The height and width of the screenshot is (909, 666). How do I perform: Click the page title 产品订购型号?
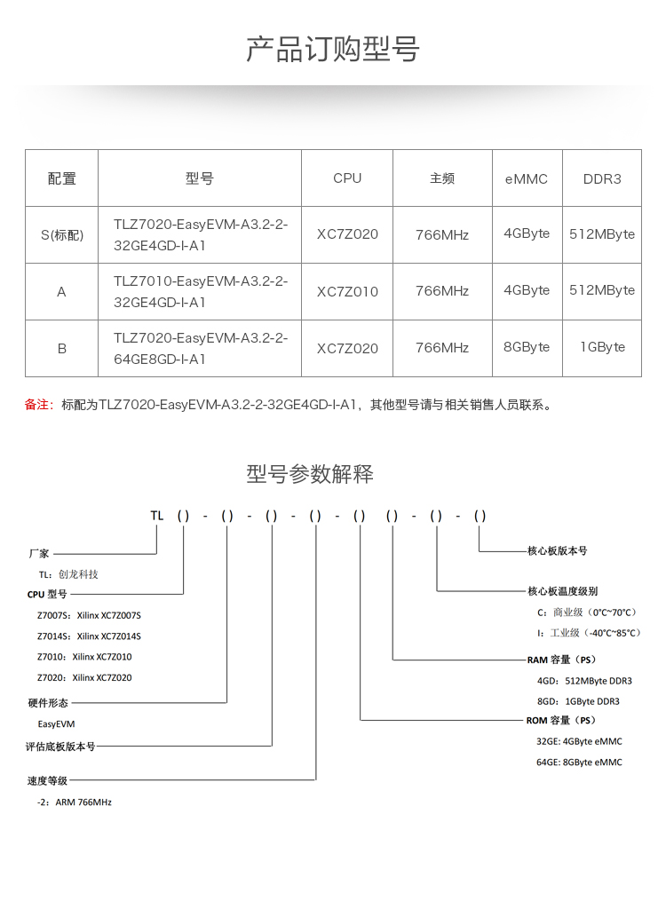pyautogui.click(x=332, y=50)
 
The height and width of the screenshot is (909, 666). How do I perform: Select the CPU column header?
pyautogui.click(x=347, y=178)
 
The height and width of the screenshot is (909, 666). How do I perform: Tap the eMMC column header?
pyautogui.click(x=527, y=178)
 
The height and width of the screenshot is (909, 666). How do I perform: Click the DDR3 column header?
pyautogui.click(x=602, y=178)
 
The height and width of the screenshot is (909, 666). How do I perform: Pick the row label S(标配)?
pyautogui.click(x=61, y=235)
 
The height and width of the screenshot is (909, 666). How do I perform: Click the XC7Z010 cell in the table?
pyautogui.click(x=347, y=292)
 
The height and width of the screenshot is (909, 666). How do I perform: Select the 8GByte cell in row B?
pyautogui.click(x=527, y=347)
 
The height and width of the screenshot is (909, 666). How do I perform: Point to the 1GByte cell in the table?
pyautogui.click(x=602, y=347)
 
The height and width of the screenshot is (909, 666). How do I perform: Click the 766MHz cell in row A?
pyautogui.click(x=442, y=291)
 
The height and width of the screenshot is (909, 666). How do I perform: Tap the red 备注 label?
pyautogui.click(x=41, y=405)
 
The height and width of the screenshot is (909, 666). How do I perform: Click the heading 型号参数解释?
pyautogui.click(x=310, y=474)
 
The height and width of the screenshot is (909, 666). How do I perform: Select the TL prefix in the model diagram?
pyautogui.click(x=157, y=516)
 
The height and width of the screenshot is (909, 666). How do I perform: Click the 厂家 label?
pyautogui.click(x=39, y=553)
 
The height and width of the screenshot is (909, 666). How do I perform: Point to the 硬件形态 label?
pyautogui.click(x=48, y=703)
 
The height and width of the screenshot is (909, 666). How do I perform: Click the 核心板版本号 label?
pyautogui.click(x=557, y=551)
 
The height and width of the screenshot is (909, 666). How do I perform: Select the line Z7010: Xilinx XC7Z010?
pyautogui.click(x=84, y=658)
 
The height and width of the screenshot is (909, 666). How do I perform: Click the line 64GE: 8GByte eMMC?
pyautogui.click(x=579, y=763)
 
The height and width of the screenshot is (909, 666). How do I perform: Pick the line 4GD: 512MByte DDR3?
pyautogui.click(x=584, y=681)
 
